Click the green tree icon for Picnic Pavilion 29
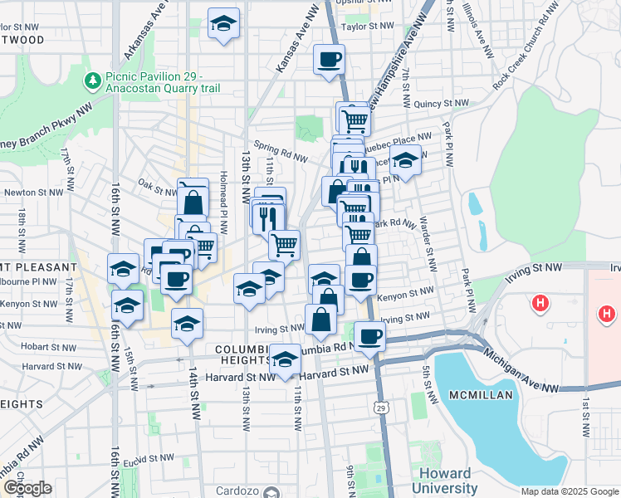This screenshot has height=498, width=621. click(x=92, y=81)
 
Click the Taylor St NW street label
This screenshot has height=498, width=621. click(x=367, y=27)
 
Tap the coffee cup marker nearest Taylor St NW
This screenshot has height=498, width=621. click(x=329, y=60)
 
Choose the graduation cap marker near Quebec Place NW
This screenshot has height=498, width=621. click(x=406, y=161)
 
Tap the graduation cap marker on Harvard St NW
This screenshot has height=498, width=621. click(x=285, y=360)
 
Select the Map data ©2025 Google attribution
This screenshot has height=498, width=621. click(x=569, y=491)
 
